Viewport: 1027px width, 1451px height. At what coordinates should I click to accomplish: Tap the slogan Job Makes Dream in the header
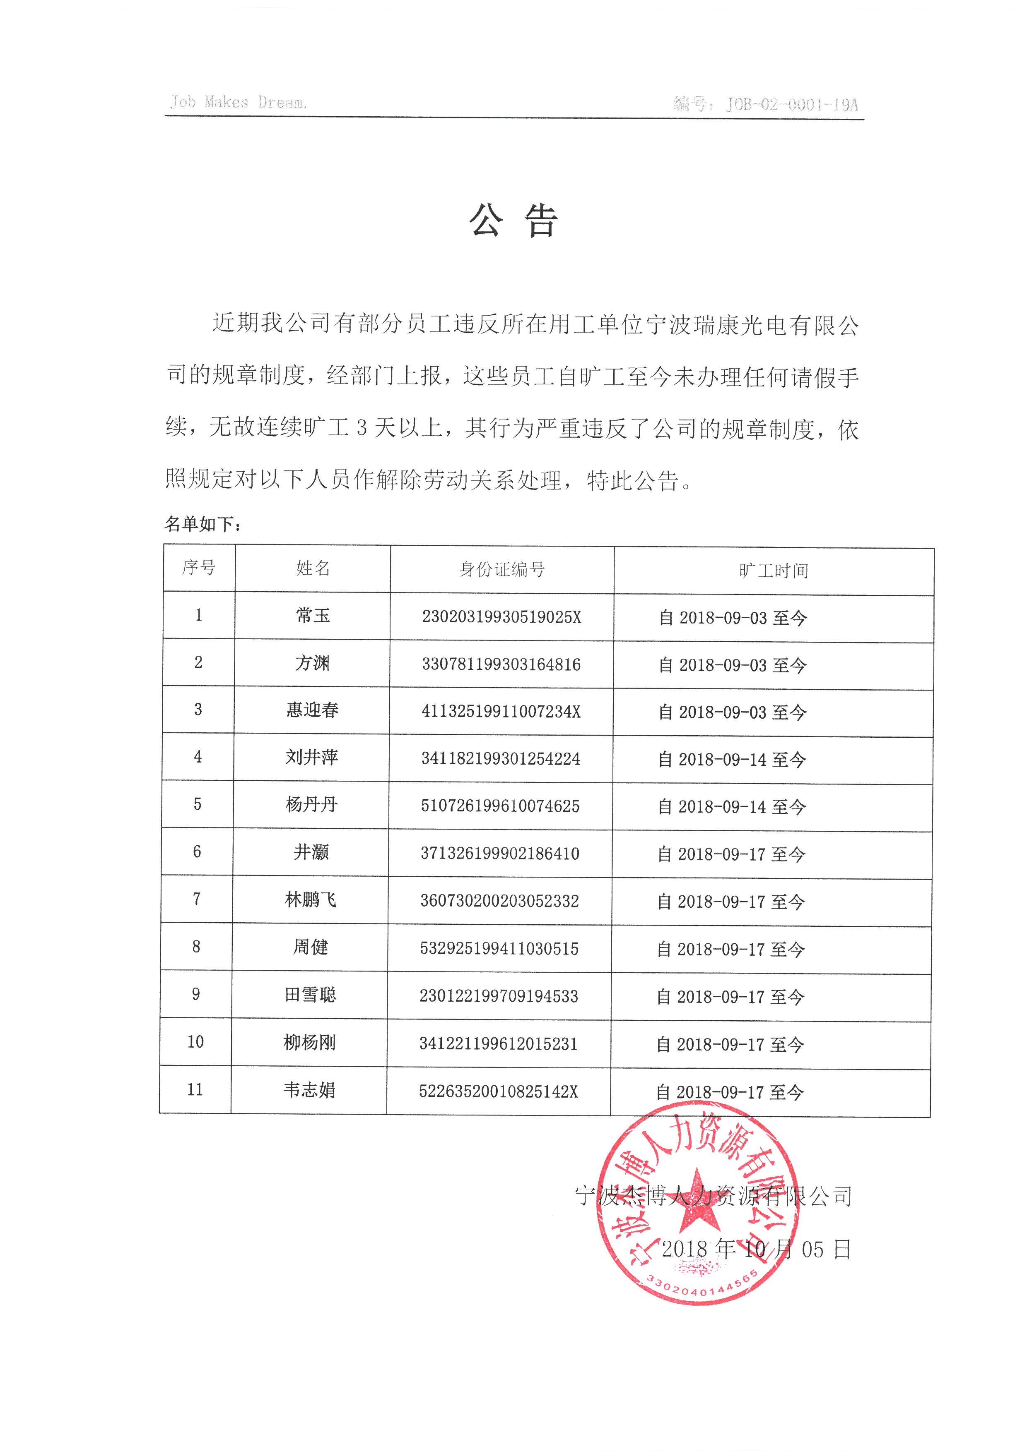pos(239,102)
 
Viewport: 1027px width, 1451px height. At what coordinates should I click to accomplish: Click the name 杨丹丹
pos(312,804)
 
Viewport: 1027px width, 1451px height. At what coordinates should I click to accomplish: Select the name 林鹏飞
pos(311,899)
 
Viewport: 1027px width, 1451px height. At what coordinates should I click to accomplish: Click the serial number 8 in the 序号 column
pos(196,947)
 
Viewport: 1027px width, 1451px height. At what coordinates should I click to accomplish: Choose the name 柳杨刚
pos(309,1042)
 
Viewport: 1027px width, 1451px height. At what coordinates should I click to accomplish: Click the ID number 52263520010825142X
pos(498,1091)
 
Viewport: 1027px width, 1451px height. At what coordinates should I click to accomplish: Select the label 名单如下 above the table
pos(203,524)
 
